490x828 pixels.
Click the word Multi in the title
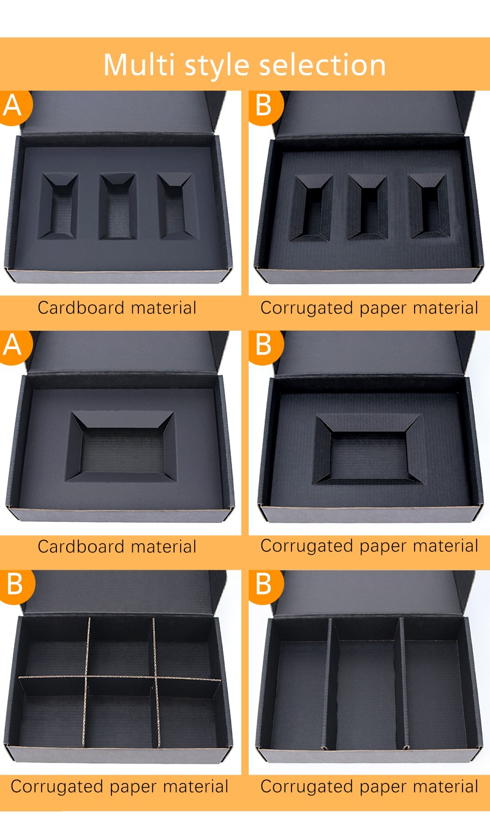(x=138, y=65)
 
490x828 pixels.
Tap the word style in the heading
(x=217, y=67)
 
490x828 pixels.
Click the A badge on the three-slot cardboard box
(x=13, y=106)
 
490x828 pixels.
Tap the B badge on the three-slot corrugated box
(x=265, y=106)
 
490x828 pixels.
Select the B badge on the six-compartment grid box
(x=15, y=585)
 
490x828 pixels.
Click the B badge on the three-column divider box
(x=265, y=585)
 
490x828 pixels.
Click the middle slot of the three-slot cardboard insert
(x=118, y=206)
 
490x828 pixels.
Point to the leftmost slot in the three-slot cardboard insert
(x=58, y=206)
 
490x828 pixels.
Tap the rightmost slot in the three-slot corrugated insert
(x=429, y=206)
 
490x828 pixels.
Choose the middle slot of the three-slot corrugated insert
(x=367, y=207)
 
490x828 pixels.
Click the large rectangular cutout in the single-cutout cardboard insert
(x=121, y=446)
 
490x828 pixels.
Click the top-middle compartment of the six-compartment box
(x=121, y=647)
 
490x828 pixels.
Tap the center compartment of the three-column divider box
(x=366, y=685)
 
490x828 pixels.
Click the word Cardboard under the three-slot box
(x=81, y=308)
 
